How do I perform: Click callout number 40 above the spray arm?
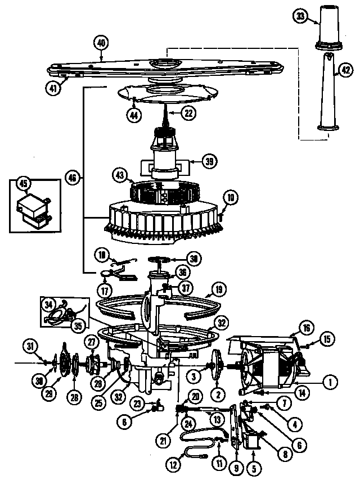click(x=101, y=43)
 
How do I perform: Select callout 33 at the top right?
click(x=301, y=17)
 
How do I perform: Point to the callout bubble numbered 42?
click(x=345, y=70)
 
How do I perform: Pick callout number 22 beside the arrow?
click(x=189, y=112)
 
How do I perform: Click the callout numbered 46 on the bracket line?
click(x=73, y=178)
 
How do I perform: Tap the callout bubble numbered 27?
click(x=91, y=342)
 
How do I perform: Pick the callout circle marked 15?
click(x=327, y=339)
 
